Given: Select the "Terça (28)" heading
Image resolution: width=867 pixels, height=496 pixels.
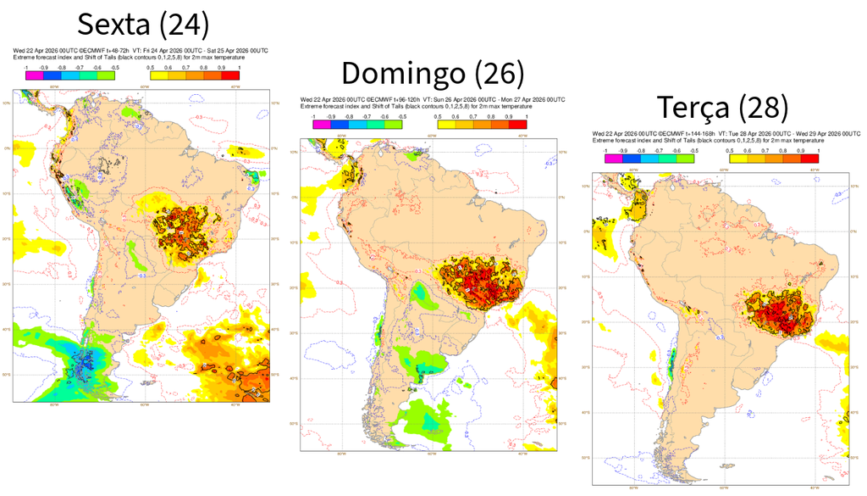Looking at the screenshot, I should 722,108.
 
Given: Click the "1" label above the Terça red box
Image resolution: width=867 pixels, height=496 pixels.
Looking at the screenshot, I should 818,150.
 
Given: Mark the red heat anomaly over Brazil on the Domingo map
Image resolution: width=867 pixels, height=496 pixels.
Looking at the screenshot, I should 474,288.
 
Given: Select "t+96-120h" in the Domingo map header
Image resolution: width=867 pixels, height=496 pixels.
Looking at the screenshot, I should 401,100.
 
